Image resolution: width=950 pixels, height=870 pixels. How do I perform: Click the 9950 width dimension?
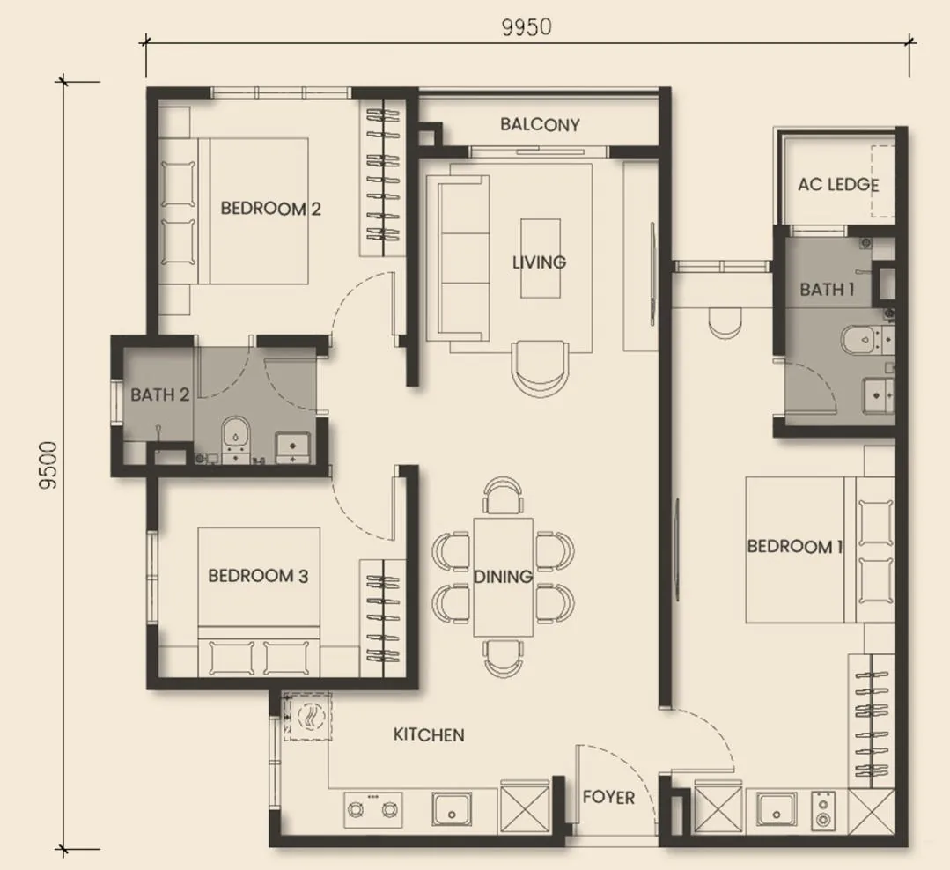(527, 26)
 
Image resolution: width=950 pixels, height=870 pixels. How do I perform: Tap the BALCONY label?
(540, 125)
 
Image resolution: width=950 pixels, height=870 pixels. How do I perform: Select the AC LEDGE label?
(838, 185)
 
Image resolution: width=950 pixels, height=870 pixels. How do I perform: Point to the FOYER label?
(608, 798)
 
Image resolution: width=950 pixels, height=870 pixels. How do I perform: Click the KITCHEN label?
(429, 734)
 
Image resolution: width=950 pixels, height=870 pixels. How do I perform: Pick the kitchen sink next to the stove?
(453, 808)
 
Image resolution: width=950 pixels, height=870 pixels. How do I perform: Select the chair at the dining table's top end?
(504, 495)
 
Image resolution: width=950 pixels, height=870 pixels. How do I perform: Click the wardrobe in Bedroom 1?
(870, 719)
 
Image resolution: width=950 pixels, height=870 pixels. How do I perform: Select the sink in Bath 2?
(291, 446)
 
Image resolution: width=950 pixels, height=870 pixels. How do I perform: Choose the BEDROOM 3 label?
(258, 577)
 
